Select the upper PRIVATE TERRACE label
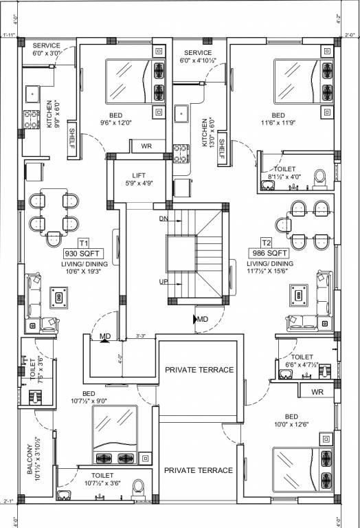tap(199, 370)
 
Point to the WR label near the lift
tap(146, 146)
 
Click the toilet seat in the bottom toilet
tap(138, 486)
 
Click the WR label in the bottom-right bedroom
tap(317, 392)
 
